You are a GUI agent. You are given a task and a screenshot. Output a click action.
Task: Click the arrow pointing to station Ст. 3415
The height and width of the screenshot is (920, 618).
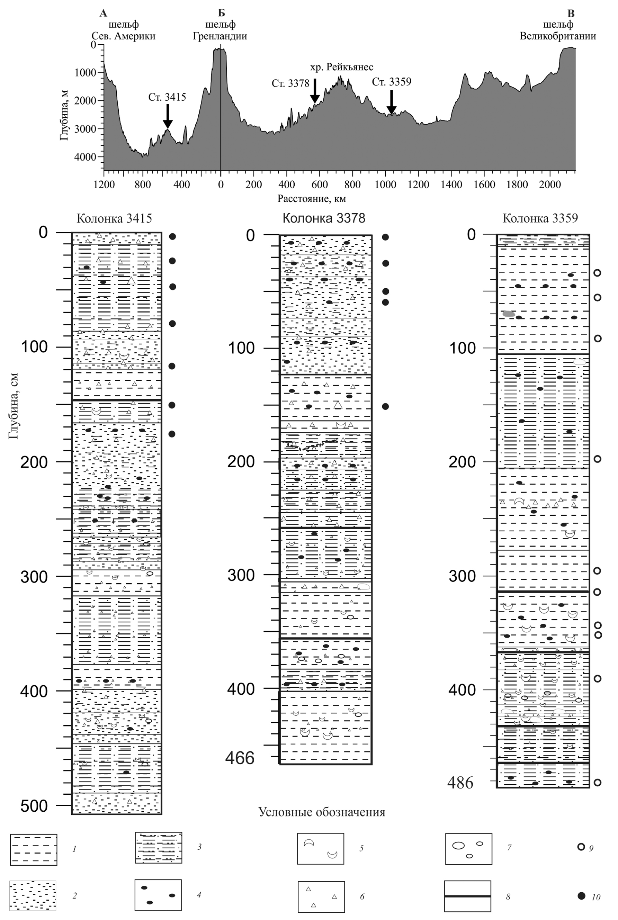coord(168,117)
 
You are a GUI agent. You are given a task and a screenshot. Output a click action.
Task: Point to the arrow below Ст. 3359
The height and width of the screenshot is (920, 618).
coord(391,102)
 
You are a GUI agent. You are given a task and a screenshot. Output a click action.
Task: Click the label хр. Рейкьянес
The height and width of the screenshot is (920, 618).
coord(341,67)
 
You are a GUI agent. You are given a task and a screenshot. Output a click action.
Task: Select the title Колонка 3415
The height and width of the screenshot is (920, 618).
coord(114,218)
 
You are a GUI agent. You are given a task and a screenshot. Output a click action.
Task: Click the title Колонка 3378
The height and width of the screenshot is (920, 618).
coord(324,218)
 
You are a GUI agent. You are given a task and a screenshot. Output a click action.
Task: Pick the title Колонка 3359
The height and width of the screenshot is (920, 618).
coord(540,218)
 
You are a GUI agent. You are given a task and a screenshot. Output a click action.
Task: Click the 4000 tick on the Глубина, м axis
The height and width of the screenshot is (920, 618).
coord(86,157)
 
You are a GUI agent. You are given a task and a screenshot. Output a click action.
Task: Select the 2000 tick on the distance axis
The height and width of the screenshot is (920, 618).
coord(550,184)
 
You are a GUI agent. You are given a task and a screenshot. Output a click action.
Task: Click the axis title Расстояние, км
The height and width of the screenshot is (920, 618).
coord(311,199)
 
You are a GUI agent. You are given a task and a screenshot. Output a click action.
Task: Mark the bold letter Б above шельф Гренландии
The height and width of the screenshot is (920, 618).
coord(221,13)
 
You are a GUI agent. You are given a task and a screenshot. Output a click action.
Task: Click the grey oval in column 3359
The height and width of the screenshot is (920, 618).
coord(509,314)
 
